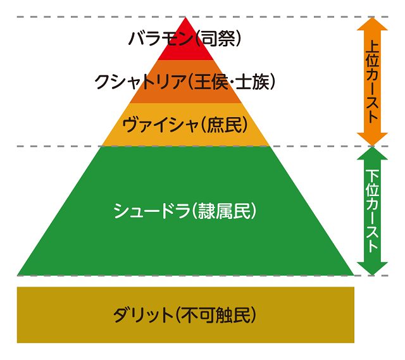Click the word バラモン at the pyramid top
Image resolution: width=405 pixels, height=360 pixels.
tap(161, 39)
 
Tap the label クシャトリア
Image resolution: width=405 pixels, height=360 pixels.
tap(140, 82)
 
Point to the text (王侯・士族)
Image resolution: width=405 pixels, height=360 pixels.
tap(231, 82)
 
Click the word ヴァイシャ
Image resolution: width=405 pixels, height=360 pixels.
tap(160, 125)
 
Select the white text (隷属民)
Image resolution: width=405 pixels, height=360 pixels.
tap(224, 211)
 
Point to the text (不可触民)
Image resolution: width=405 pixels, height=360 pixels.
tap(216, 314)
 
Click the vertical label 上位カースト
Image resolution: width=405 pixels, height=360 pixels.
tap(372, 81)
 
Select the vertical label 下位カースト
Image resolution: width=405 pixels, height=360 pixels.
tap(372, 211)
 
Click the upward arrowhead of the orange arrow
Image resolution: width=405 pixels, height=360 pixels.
tap(372, 23)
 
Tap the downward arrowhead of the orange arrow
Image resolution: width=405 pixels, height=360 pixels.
tap(372, 139)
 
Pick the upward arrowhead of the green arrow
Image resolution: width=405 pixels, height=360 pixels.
tap(372, 153)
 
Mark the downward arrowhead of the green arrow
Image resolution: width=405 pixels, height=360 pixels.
tap(372, 269)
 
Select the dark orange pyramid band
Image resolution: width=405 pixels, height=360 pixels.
tap(185, 96)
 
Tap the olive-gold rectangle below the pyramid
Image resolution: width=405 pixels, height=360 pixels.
tap(185, 314)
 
